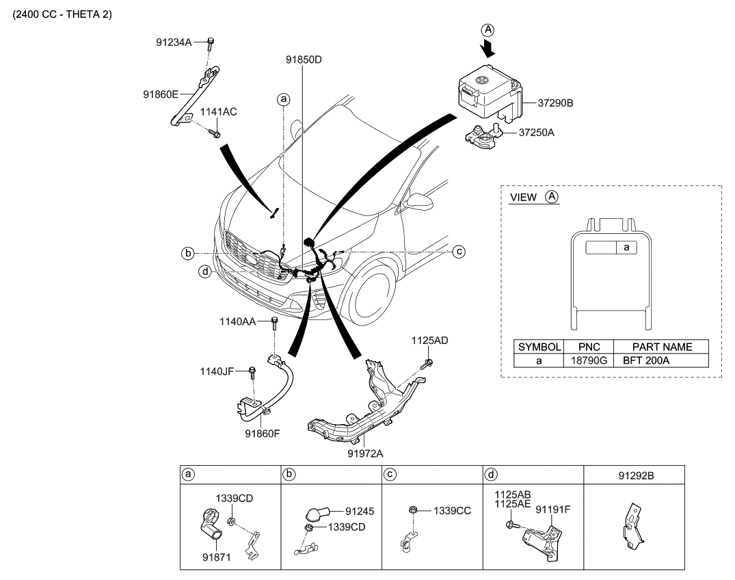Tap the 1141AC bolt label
218,112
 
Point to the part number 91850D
304,60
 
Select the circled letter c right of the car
459,252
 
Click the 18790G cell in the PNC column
588,360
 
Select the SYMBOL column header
539,347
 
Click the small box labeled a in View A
626,248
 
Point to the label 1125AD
430,340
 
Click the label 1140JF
218,371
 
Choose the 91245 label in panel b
359,511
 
